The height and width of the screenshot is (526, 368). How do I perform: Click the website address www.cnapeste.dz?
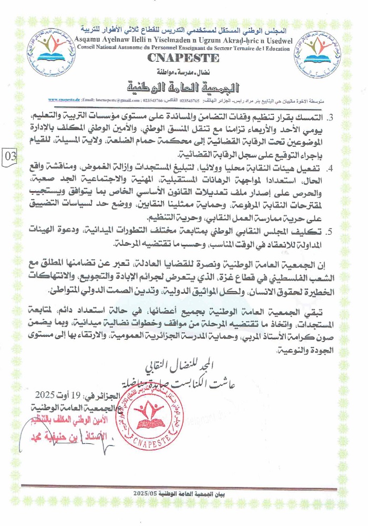coord(64,99)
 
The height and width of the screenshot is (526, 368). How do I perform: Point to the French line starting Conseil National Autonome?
coord(183,48)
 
